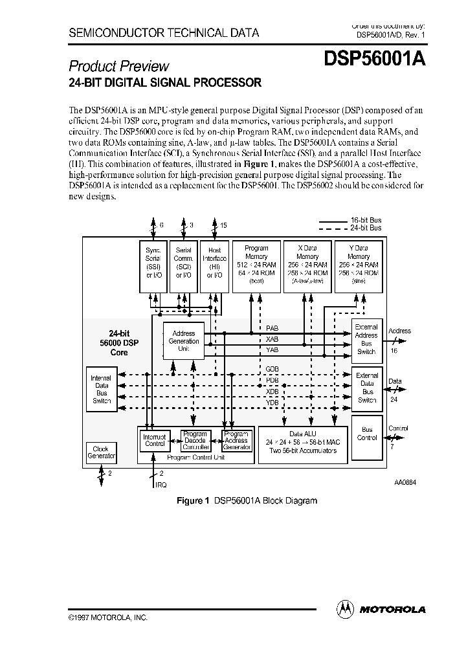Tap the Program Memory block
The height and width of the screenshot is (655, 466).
coord(256,265)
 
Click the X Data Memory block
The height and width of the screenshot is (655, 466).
coord(307,265)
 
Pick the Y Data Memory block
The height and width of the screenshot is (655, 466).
coord(358,265)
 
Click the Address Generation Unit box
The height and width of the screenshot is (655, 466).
coord(184,341)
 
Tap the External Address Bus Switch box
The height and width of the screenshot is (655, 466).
coord(366,340)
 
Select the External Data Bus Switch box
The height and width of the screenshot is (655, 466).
coord(367,388)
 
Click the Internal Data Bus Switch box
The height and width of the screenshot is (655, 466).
coord(100,389)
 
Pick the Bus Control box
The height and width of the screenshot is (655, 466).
coord(367,434)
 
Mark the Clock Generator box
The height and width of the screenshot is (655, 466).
coord(100,452)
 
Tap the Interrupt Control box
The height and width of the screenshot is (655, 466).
coord(154,441)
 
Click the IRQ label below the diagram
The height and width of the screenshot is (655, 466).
coord(161,485)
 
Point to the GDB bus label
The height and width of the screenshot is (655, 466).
coord(272,368)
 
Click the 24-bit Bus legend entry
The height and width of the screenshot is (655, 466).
coord(365,228)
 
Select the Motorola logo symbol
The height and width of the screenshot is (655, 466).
coord(345,608)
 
